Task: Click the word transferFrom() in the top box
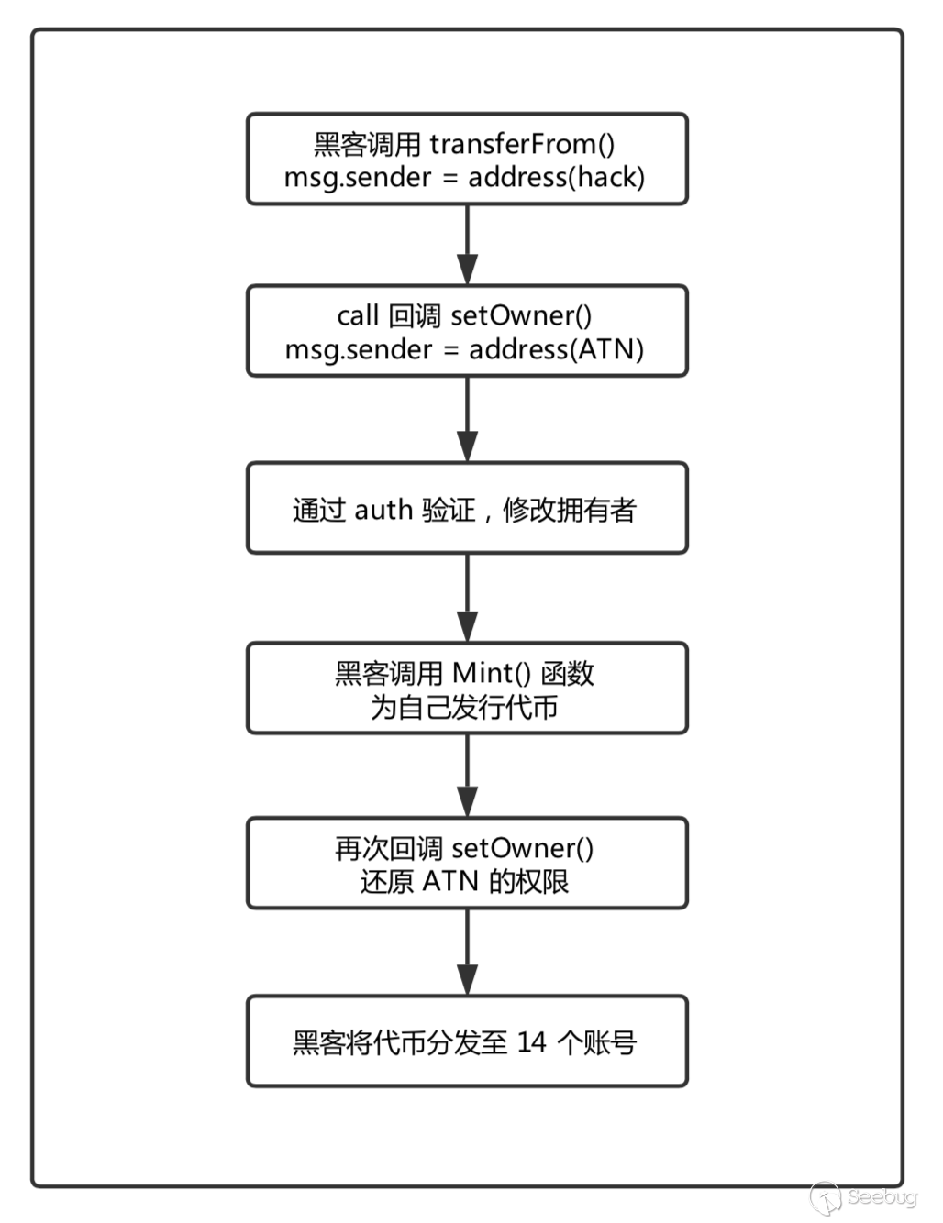pos(522,144)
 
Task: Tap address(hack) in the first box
pos(557,177)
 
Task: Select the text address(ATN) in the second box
pos(557,349)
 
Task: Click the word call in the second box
pos(358,316)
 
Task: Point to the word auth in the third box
pos(383,510)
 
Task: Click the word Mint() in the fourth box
pos(492,674)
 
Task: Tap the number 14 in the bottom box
pos(532,1042)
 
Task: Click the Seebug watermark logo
pos(862,1197)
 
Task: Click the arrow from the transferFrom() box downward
pos(468,245)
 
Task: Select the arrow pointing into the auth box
pos(468,419)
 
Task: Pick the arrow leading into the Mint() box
pos(468,598)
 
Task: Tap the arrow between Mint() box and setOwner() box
pos(468,776)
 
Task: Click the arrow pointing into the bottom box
pos(468,953)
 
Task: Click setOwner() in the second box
pos(521,316)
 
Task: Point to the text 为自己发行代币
pos(465,708)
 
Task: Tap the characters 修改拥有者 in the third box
pos(570,510)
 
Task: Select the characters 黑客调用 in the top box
pos(368,144)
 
